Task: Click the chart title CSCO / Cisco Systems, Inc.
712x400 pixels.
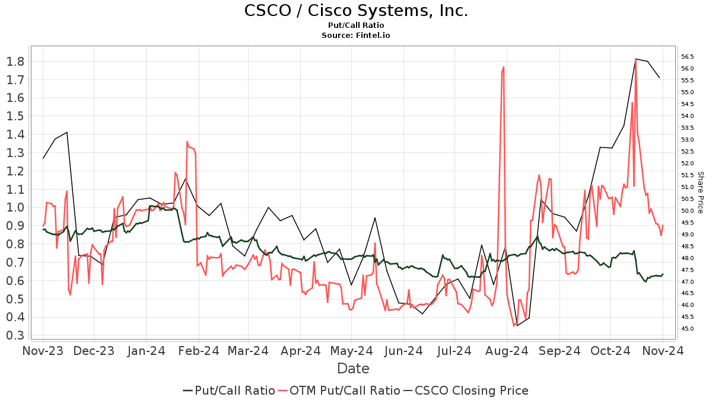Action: (x=356, y=11)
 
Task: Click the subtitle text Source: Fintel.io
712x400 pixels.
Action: (x=356, y=36)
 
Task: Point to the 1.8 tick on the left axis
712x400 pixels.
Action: (x=16, y=62)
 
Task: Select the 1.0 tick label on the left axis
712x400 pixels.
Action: (x=16, y=208)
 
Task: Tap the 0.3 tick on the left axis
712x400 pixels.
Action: (x=16, y=336)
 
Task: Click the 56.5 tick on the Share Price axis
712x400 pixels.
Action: (x=688, y=57)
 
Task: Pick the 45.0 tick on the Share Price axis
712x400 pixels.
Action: (x=688, y=329)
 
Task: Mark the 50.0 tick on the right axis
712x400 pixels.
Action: (x=688, y=211)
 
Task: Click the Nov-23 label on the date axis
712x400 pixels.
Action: (x=43, y=351)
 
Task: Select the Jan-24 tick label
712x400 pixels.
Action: (x=146, y=351)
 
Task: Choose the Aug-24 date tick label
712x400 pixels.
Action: (x=507, y=351)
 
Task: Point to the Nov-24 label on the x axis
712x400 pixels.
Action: (x=663, y=351)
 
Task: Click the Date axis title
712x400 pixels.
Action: (x=353, y=369)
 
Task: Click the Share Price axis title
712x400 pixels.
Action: (x=701, y=193)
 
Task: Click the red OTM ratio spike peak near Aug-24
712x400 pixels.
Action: (x=504, y=67)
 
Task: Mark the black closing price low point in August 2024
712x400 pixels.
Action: (x=517, y=326)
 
